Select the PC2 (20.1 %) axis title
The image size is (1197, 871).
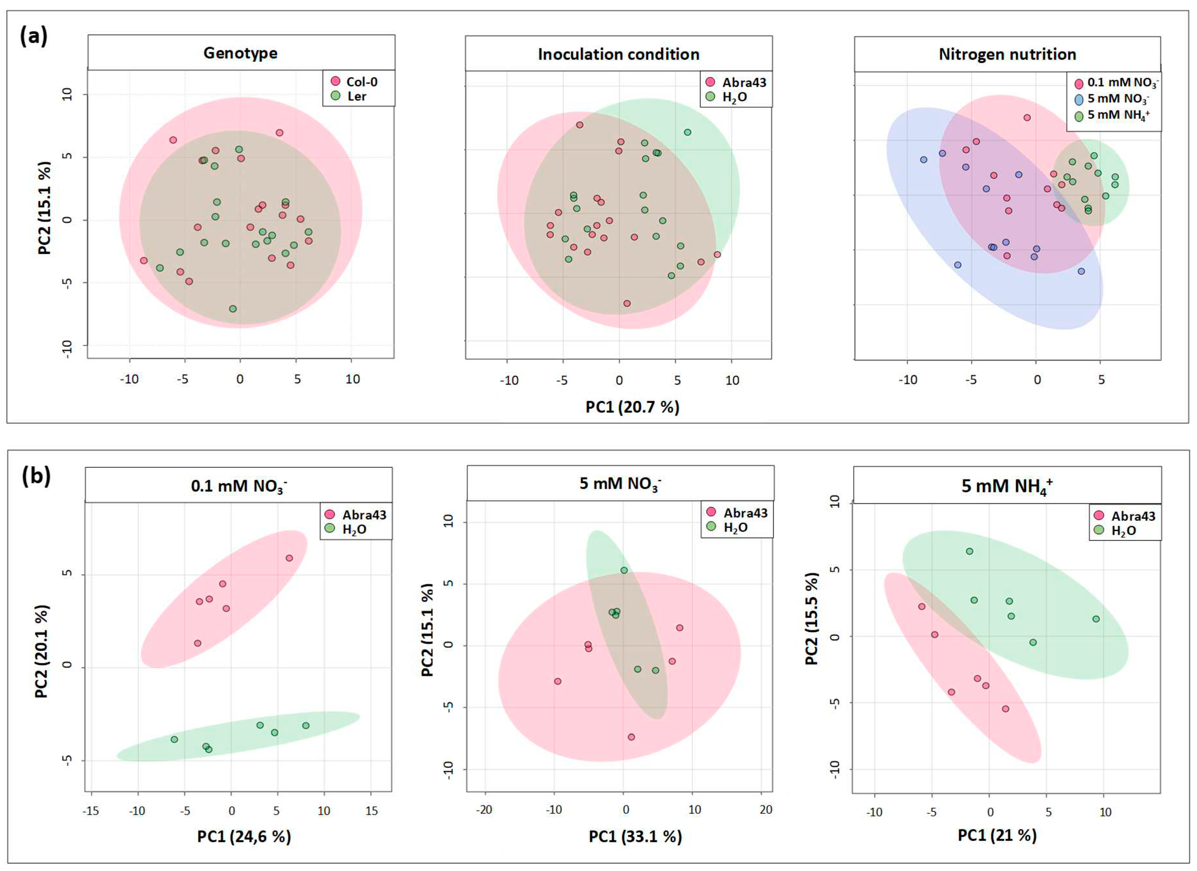[x=42, y=651]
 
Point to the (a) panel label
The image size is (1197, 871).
[x=34, y=37]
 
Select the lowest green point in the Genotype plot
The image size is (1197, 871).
[x=233, y=309]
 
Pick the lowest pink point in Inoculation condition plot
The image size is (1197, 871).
[x=627, y=304]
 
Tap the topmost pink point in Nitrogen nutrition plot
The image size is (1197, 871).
[x=1027, y=118]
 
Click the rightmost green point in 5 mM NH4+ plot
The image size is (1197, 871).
[x=1096, y=619]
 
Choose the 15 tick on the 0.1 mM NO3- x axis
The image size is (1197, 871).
[x=371, y=811]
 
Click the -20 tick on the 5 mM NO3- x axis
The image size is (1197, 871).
[x=484, y=810]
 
